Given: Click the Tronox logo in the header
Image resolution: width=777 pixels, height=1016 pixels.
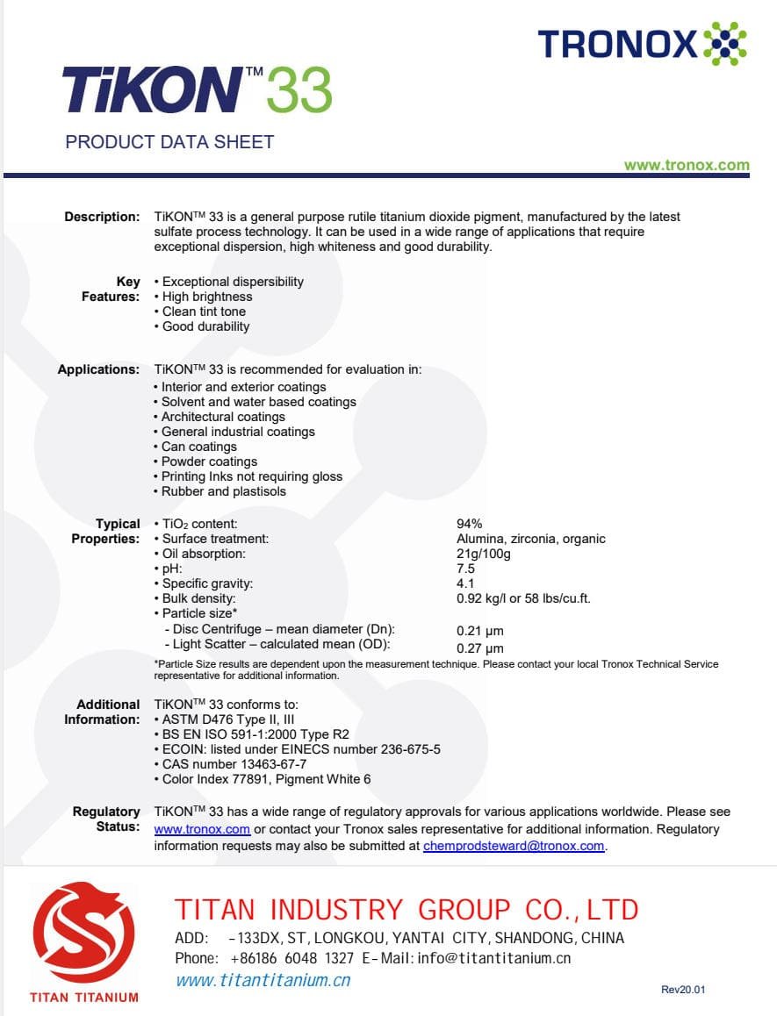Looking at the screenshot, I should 642,43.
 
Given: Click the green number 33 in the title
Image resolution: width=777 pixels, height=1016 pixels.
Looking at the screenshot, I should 299,90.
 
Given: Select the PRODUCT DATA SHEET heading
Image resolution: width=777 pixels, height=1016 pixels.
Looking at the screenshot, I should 169,142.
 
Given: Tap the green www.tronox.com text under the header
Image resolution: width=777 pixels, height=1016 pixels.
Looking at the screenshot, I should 687,165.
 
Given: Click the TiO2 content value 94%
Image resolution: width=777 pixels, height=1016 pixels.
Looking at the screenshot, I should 470,524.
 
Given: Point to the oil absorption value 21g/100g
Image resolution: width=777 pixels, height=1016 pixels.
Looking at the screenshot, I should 484,554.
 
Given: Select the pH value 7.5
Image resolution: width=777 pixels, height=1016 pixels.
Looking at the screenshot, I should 466,569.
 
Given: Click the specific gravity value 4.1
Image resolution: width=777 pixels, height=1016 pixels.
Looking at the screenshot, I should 465,583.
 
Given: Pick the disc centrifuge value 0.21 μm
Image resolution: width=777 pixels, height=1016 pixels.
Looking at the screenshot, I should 480,631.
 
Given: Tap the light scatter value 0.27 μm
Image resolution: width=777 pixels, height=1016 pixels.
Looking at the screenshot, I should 480,648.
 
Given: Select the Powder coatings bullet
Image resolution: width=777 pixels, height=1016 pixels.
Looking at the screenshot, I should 209,461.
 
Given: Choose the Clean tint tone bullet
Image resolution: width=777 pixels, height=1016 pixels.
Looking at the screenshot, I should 204,311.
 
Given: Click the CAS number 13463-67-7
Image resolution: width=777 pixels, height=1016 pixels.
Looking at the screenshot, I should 234,764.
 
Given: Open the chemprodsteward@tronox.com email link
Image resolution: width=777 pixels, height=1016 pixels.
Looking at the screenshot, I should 514,846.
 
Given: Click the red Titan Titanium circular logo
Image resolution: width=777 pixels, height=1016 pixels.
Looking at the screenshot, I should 83,932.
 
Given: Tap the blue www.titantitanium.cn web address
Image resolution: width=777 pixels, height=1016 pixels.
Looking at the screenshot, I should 263,980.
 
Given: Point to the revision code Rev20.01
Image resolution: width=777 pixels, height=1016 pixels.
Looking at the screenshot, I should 683,990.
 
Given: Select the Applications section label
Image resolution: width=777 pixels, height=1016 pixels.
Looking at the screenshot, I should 98,369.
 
